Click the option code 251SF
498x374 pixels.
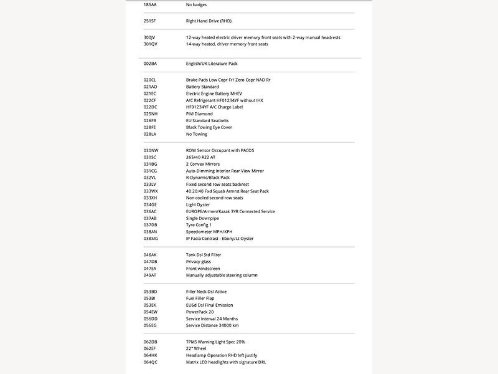pyautogui.click(x=150, y=21)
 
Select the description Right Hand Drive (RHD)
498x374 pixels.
pyautogui.click(x=209, y=21)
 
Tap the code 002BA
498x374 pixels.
pyautogui.click(x=150, y=64)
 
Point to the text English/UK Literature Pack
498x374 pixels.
pyautogui.click(x=212, y=64)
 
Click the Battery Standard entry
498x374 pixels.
pyautogui.click(x=202, y=87)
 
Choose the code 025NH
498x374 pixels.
pyautogui.click(x=150, y=114)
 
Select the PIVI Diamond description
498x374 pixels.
pyautogui.click(x=199, y=114)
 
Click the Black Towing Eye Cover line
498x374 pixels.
pyautogui.click(x=209, y=127)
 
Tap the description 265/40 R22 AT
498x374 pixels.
pyautogui.click(x=200, y=157)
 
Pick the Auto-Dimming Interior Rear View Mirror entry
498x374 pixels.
pyautogui.click(x=225, y=171)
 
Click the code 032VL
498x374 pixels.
pyautogui.click(x=150, y=178)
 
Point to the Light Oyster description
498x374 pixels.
pyautogui.click(x=198, y=204)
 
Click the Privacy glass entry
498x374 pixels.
pyautogui.click(x=199, y=262)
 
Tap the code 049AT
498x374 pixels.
pyautogui.click(x=150, y=275)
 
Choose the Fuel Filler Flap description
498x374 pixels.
pyautogui.click(x=200, y=299)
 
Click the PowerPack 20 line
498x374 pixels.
pyautogui.click(x=200, y=312)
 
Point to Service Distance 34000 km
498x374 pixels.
pyautogui.click(x=212, y=325)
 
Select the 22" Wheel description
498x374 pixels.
pyautogui.click(x=197, y=348)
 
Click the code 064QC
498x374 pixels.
pyautogui.click(x=151, y=362)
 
